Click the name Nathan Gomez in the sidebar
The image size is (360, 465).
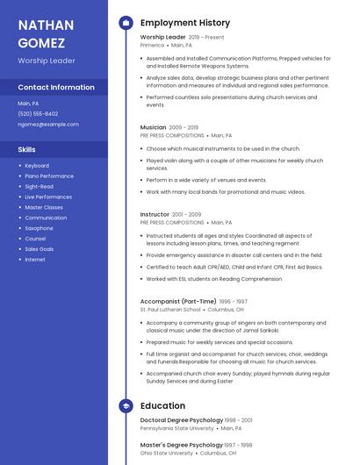46,32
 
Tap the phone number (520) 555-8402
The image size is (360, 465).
38,113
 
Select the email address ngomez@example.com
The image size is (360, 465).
48,124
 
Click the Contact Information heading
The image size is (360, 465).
56,88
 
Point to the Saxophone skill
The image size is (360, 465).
39,228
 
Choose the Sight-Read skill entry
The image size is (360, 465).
39,186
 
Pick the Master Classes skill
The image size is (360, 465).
44,207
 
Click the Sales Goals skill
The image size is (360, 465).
40,249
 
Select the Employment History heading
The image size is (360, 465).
185,23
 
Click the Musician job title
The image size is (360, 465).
153,127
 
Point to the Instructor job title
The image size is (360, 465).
155,214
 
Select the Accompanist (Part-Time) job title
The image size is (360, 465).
178,301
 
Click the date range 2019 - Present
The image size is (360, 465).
206,38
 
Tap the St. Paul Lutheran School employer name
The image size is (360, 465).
170,310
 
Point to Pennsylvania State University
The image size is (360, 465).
176,428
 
